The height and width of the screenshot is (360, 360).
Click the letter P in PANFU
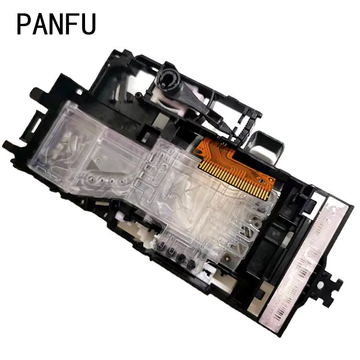24,24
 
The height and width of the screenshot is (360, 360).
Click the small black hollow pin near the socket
138,94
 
